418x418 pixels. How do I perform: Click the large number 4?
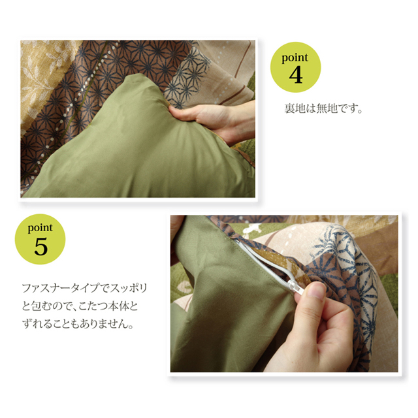pyautogui.click(x=296, y=75)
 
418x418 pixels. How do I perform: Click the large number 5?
pyautogui.click(x=40, y=247)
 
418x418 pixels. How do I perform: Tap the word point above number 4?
pyautogui.click(x=295, y=58)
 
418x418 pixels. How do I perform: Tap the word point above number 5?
pyautogui.click(x=40, y=228)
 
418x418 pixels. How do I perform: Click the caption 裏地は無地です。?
pyautogui.click(x=323, y=108)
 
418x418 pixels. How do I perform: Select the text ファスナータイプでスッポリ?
pyautogui.click(x=84, y=289)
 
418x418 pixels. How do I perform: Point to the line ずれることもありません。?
pyautogui.click(x=78, y=324)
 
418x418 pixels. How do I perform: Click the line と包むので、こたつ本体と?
pyautogui.click(x=80, y=306)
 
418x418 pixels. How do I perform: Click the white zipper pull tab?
pyautogui.click(x=297, y=286)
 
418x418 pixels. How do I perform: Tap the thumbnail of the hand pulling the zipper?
pyautogui.click(x=284, y=293)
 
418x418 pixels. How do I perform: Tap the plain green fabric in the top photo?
pyautogui.click(x=138, y=150)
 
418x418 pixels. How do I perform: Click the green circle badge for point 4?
pyautogui.click(x=295, y=67)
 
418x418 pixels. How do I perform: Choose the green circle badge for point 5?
pyautogui.click(x=40, y=239)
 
